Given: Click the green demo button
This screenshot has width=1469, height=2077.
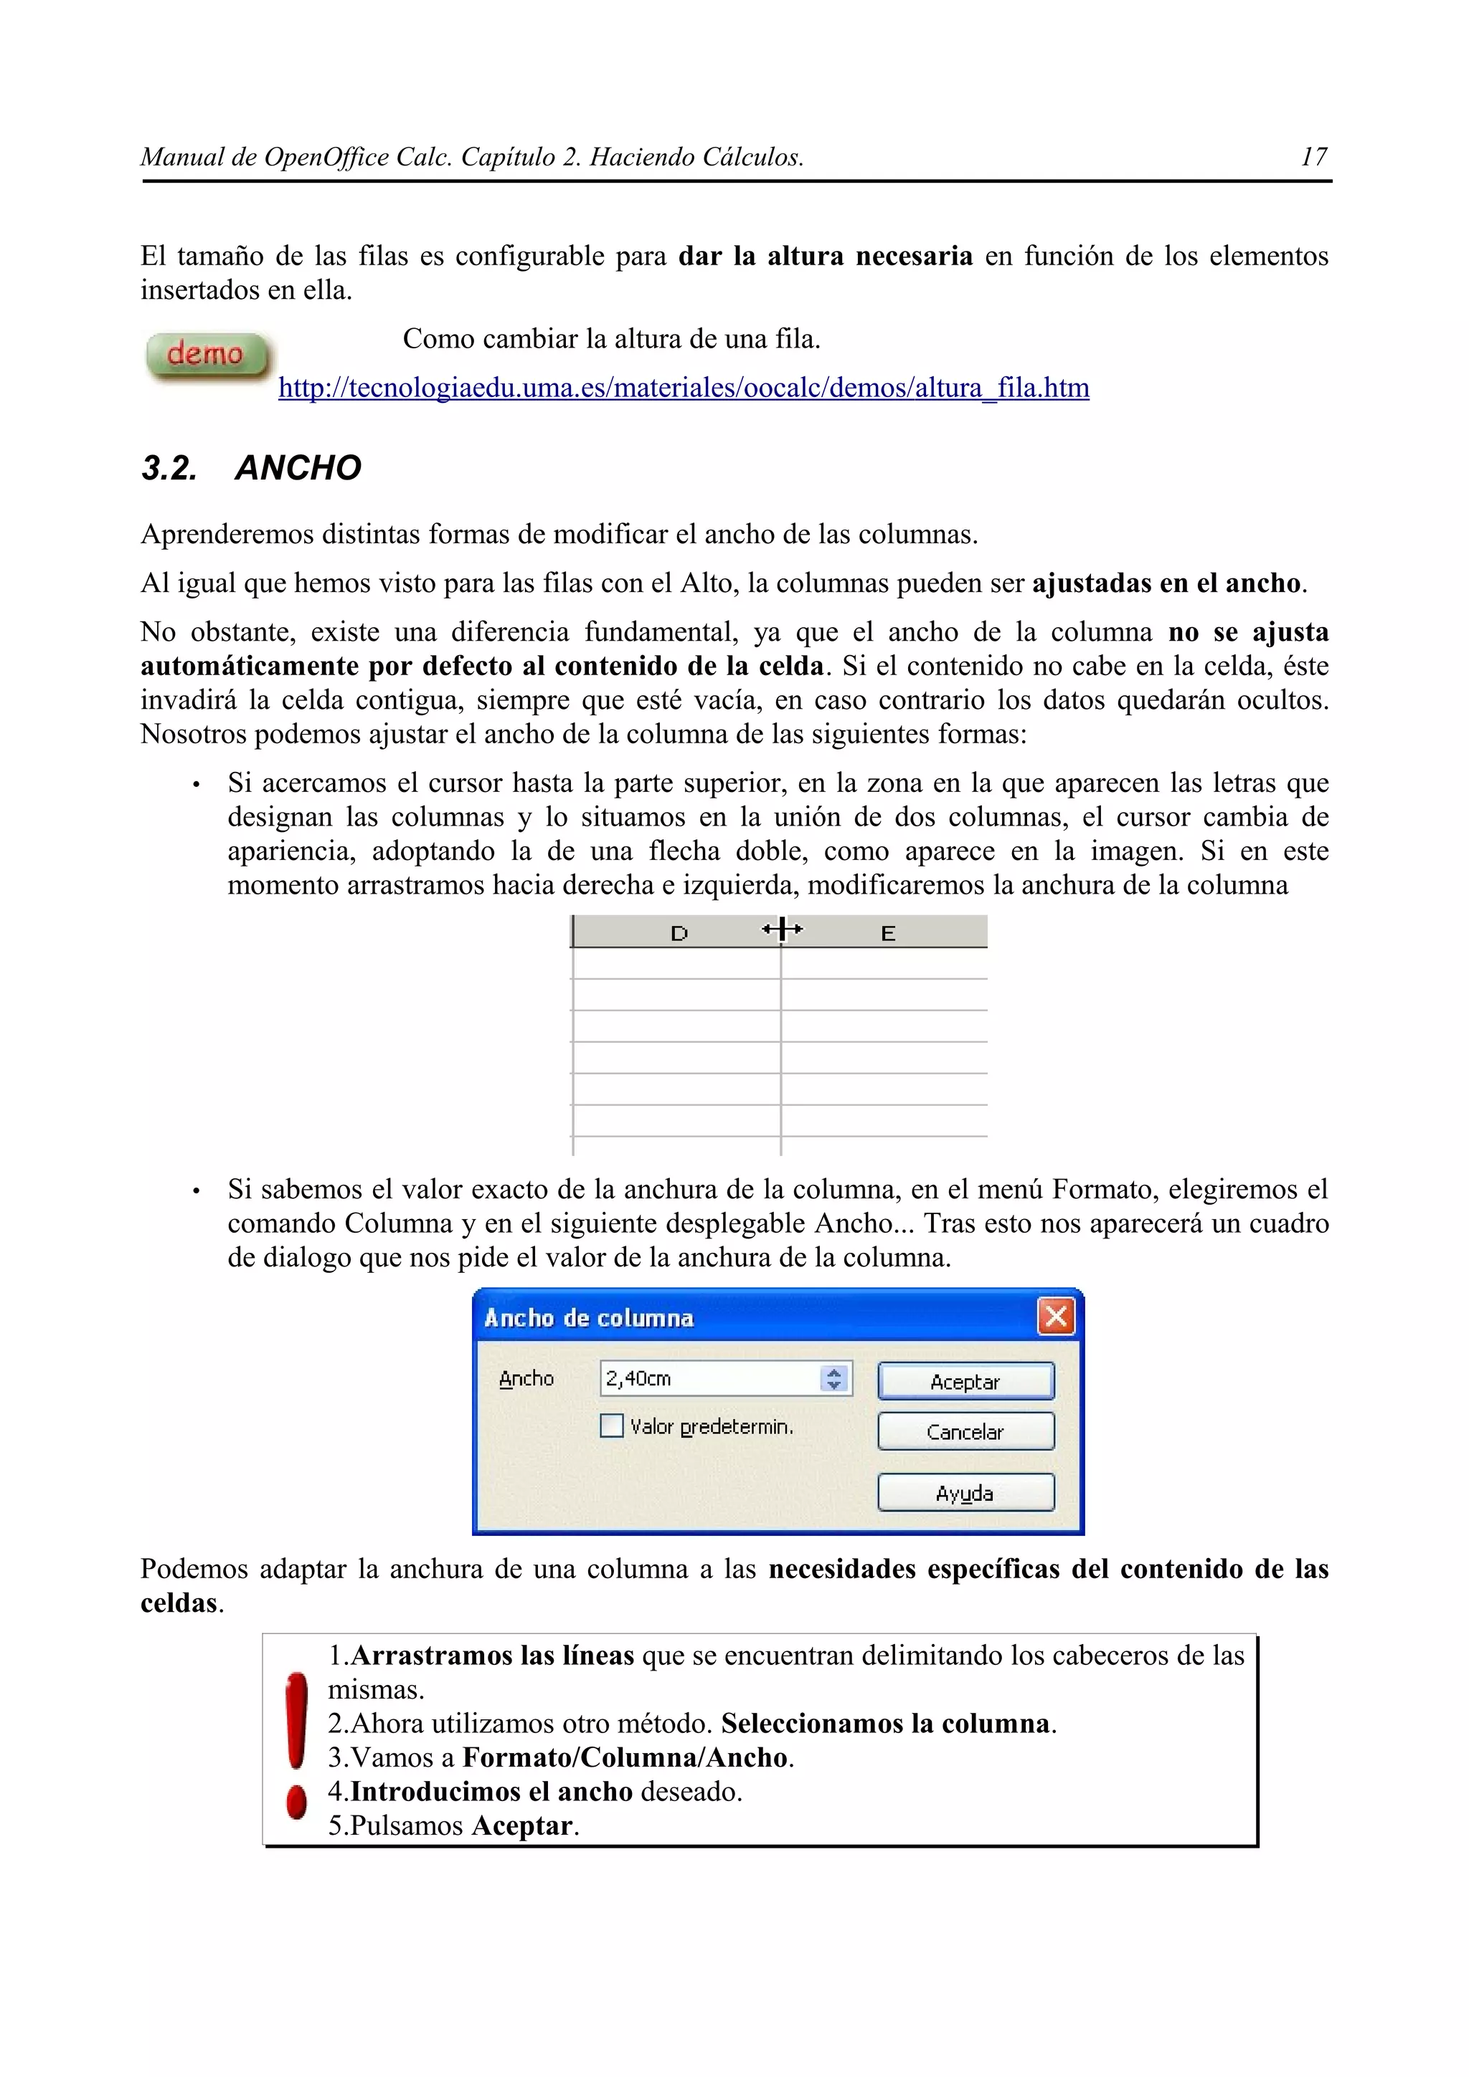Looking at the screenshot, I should [x=207, y=355].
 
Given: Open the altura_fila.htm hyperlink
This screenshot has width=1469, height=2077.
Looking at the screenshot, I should [x=684, y=388].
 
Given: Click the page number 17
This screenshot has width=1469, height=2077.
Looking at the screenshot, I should [x=1313, y=158].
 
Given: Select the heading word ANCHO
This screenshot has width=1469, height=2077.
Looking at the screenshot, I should [x=298, y=468].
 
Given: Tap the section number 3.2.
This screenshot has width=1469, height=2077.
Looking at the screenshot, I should [x=169, y=468].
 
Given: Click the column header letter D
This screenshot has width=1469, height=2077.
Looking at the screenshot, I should [x=679, y=934].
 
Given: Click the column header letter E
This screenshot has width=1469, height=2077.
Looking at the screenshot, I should [x=888, y=934].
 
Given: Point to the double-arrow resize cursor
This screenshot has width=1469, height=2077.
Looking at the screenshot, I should [x=782, y=929].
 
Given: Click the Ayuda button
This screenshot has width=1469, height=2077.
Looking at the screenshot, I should [x=965, y=1494].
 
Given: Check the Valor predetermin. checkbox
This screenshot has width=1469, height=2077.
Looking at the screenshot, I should [x=612, y=1426].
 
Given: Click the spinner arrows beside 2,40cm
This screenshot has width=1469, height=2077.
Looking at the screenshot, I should [x=834, y=1379].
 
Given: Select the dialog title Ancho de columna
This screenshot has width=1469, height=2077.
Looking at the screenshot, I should [x=589, y=1318].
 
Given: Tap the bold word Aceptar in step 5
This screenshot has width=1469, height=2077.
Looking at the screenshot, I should [x=522, y=1825].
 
